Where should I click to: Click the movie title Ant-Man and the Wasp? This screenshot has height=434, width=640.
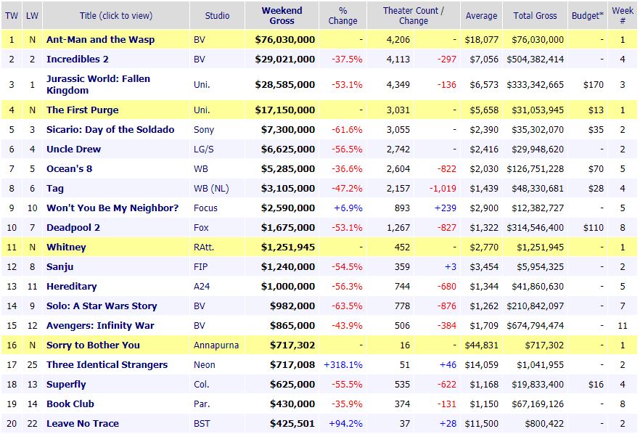tap(100, 40)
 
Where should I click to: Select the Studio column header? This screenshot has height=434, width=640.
tap(217, 15)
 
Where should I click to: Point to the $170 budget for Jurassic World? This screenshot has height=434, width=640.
tap(593, 85)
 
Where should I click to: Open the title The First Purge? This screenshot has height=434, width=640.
tap(82, 110)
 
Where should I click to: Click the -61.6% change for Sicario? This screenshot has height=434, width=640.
tap(348, 130)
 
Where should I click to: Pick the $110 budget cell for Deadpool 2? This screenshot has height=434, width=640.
tap(593, 228)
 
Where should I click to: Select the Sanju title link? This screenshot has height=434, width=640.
tap(60, 267)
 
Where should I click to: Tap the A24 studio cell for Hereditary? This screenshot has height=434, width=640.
tap(202, 287)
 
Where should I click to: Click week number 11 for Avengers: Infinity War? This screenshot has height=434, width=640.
tap(623, 326)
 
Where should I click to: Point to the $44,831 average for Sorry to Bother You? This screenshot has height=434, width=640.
tap(481, 345)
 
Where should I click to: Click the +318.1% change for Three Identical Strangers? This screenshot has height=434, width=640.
tap(343, 365)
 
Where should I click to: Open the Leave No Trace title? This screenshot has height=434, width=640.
tap(82, 424)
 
